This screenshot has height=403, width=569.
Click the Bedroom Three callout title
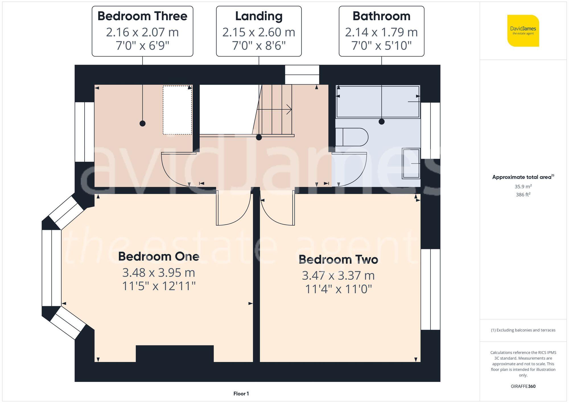[142, 16]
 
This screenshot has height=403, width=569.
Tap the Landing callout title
[259, 16]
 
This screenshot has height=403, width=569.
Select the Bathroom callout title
[381, 16]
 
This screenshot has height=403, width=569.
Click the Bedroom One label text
[158, 256]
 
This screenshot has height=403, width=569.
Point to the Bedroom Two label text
[338, 259]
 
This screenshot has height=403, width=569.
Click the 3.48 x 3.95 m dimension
[158, 273]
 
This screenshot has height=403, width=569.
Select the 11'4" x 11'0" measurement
[338, 289]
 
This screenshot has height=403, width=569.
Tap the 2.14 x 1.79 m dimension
[381, 32]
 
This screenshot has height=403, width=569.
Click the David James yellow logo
[523, 31]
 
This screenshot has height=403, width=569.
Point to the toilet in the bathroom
[352, 137]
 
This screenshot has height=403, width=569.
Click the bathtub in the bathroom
[378, 102]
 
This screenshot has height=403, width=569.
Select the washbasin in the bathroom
[411, 163]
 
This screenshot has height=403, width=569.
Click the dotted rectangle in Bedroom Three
[177, 110]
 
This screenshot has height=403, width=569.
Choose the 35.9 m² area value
[523, 187]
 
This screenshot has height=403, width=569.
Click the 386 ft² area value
[523, 195]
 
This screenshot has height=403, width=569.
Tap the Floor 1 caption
[241, 394]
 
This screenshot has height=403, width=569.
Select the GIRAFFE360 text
[523, 386]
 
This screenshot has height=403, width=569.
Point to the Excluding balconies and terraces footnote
[523, 330]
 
